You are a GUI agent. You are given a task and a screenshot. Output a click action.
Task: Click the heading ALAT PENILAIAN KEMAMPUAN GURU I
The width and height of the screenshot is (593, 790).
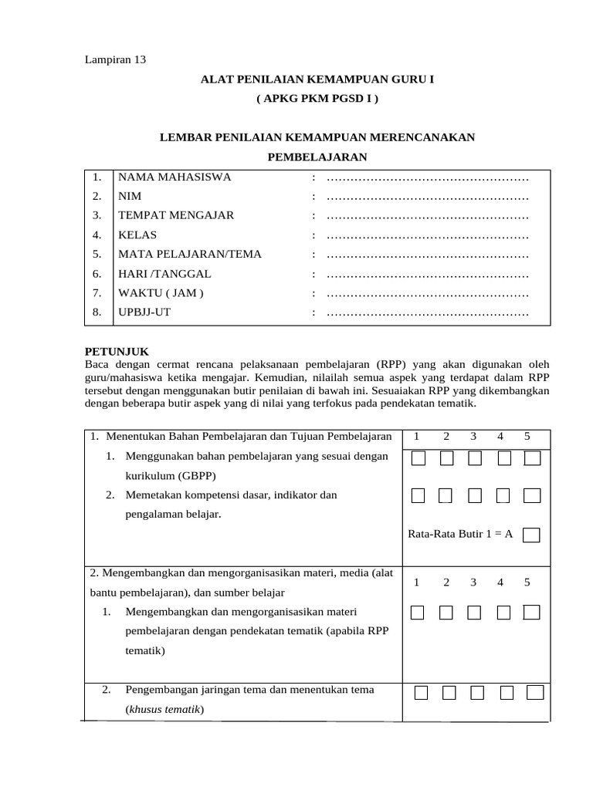317,79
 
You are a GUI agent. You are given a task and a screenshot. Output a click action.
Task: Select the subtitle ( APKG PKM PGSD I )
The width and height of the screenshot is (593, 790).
317,100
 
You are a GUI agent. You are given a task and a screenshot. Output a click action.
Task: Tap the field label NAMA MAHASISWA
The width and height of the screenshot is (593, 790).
175,177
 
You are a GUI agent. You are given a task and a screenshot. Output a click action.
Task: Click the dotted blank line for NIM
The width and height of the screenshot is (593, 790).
428,197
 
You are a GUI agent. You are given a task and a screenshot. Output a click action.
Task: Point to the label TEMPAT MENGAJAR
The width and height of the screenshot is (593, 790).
176,215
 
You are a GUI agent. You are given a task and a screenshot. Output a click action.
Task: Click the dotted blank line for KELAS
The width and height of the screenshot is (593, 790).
428,235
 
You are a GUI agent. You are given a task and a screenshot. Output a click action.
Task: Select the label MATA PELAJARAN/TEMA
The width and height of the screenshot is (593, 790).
190,254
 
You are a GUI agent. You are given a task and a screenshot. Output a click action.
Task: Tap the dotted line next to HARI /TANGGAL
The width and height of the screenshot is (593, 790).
428,274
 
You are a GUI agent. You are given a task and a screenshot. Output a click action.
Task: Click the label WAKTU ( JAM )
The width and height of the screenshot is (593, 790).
161,293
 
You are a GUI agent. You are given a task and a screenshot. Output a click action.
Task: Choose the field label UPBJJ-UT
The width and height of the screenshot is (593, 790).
144,312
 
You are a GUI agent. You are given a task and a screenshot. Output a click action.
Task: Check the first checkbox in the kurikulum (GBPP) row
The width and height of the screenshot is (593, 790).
418,459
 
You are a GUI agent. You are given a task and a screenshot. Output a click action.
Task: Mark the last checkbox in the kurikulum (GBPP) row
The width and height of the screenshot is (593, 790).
532,459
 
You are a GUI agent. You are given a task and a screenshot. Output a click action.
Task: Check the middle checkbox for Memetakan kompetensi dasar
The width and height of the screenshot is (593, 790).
475,496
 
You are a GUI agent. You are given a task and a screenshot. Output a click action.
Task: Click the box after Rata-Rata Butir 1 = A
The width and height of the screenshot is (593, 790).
531,535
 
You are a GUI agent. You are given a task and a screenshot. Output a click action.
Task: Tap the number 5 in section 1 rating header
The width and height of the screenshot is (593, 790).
527,437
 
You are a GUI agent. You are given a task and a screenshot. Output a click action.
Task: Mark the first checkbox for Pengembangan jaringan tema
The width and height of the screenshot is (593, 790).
421,692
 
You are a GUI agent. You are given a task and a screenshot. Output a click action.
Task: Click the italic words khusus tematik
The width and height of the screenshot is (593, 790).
164,709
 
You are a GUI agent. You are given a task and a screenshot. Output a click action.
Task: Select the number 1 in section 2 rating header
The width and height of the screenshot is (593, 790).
417,582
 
